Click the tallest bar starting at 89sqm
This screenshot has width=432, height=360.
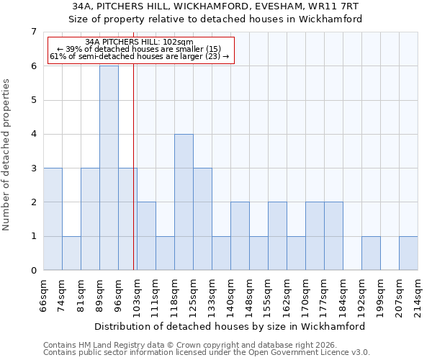[109, 168]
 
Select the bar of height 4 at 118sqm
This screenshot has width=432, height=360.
[184, 202]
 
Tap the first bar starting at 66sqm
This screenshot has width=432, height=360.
[53, 219]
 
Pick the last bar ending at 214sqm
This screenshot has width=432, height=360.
[408, 253]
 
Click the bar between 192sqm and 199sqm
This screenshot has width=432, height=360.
[371, 253]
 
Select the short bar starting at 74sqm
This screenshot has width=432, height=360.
[71, 253]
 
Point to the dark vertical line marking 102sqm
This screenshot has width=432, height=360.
[135, 166]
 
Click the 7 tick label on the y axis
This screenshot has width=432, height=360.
[33, 32]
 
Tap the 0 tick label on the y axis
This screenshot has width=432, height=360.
[33, 271]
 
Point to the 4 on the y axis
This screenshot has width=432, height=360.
[33, 134]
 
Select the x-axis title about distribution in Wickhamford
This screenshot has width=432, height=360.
[230, 326]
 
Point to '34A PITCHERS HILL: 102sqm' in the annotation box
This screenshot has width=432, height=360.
[140, 42]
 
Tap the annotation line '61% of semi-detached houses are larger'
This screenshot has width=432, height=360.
[140, 56]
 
